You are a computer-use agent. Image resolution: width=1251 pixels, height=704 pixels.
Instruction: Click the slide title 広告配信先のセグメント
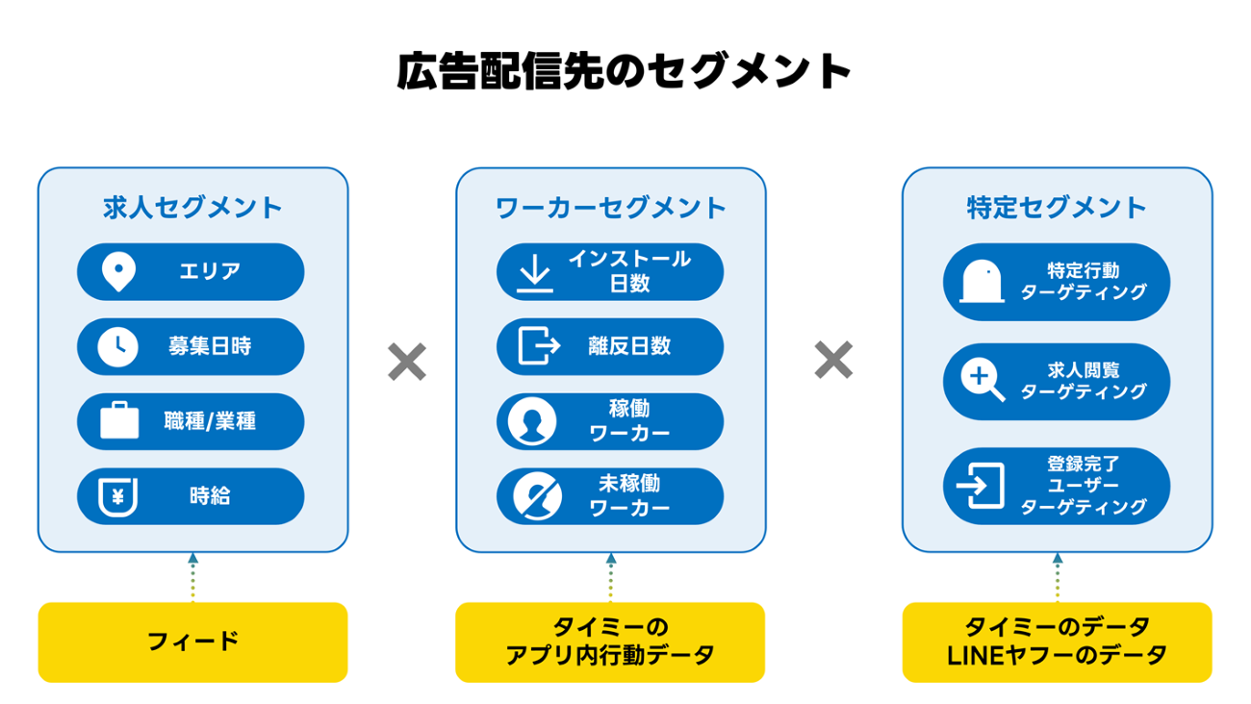625,72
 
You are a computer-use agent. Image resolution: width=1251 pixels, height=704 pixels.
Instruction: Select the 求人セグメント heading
192,208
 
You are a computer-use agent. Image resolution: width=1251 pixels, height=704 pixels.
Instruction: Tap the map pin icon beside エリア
118,272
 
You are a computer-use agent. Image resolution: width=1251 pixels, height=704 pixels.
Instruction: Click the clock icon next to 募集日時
117,347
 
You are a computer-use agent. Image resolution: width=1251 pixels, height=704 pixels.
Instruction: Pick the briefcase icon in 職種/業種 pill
119,421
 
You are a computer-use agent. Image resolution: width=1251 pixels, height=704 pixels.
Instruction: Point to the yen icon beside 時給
118,496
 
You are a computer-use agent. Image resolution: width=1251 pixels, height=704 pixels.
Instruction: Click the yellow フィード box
192,641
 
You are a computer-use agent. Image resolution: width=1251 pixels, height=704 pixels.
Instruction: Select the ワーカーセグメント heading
611,208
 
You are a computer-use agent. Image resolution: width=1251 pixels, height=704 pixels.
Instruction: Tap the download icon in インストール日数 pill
536,272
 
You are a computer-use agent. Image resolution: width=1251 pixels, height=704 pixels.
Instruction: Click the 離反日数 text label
629,347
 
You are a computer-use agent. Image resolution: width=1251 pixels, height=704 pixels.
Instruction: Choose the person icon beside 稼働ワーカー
532,421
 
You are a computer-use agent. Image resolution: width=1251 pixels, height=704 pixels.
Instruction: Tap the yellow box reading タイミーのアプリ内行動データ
610,641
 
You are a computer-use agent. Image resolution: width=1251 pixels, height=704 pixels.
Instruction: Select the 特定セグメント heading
1057,208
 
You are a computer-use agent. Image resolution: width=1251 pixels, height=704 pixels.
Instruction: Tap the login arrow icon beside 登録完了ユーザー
981,486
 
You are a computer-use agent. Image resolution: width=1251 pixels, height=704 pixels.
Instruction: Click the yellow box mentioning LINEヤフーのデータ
1057,641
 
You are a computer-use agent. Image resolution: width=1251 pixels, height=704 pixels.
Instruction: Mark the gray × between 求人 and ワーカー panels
407,362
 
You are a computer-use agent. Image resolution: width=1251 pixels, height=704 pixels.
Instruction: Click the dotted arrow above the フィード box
192,577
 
